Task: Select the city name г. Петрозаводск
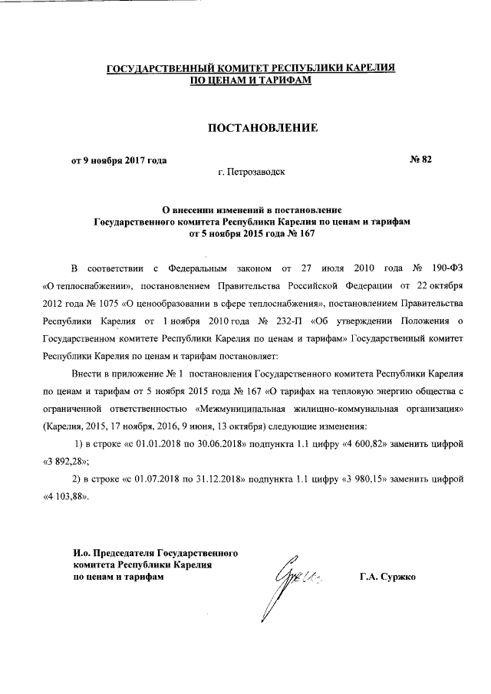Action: click(x=252, y=173)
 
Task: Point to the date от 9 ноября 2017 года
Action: click(x=119, y=160)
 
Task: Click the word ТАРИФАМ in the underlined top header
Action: click(x=285, y=80)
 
